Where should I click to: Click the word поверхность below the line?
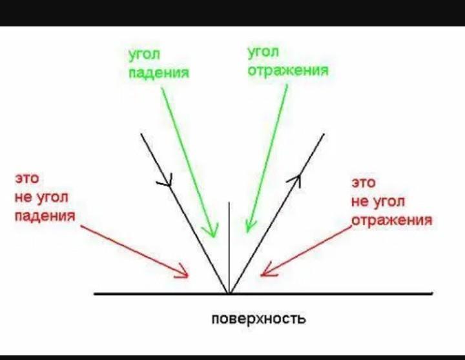tap(258, 319)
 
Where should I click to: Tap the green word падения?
tap(159, 73)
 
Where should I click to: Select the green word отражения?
tap(288, 70)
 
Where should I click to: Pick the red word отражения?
tap(392, 220)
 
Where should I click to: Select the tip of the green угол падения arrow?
tap(211, 235)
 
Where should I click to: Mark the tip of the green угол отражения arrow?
tap(248, 231)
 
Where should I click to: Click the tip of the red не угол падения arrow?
tap(187, 277)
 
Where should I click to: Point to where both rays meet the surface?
tap(229, 294)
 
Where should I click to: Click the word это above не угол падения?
tap(24, 179)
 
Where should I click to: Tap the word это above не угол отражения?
tap(364, 183)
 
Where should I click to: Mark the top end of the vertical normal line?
tap(229, 203)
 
